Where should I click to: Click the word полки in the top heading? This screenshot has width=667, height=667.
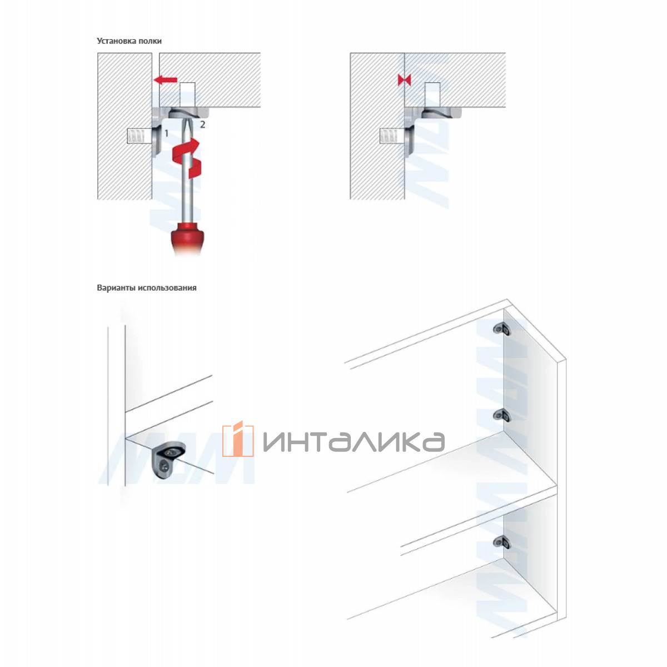point(150,41)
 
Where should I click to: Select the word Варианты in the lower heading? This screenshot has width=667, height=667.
point(116,287)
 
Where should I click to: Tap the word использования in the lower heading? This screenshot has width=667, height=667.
point(167,287)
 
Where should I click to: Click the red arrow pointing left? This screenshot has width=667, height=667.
point(166,80)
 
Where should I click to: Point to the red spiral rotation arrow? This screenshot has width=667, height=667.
point(187,157)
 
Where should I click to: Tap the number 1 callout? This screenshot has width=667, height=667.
point(167,133)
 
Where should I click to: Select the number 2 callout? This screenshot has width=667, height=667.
point(202,125)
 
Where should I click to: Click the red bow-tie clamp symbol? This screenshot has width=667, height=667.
point(404,81)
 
